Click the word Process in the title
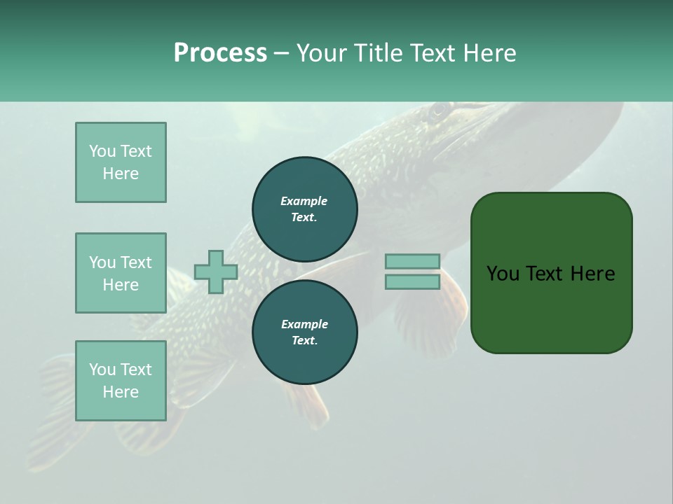220,53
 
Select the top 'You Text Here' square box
121,162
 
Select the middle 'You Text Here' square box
121,273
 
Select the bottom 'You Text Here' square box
121,381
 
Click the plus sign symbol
216,272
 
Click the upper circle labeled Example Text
305,209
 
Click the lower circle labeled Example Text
305,332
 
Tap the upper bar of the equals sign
412,261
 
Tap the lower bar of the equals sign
412,281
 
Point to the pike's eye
440,110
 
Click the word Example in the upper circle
304,201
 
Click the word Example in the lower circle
304,324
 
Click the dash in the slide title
282,53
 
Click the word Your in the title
322,53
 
